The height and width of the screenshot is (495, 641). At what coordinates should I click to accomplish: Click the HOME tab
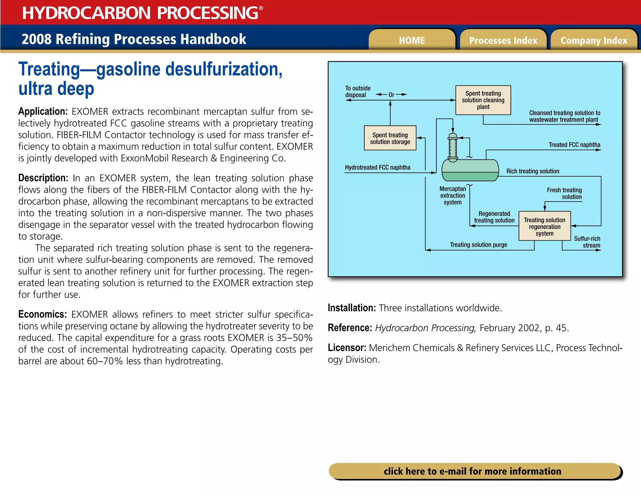point(412,40)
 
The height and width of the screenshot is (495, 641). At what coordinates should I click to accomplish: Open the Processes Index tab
point(503,40)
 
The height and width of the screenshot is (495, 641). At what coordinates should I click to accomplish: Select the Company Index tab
point(594,40)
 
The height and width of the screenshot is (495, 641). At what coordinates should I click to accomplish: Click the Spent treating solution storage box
point(390,138)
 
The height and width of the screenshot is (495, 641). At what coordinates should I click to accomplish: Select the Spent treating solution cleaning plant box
point(483,100)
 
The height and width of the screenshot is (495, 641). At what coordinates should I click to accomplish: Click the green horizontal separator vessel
point(470,171)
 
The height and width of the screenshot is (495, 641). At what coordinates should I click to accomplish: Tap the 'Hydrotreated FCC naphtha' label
point(377,167)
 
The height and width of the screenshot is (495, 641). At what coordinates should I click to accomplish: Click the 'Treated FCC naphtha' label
point(574,145)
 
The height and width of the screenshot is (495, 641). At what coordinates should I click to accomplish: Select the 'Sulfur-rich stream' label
point(587,242)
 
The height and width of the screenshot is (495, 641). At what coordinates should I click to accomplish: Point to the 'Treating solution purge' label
point(478,245)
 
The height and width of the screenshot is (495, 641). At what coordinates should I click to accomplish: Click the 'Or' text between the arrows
point(391,94)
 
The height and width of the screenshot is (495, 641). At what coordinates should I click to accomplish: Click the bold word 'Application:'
point(43,111)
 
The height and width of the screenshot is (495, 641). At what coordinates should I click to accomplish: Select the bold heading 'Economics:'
point(43,314)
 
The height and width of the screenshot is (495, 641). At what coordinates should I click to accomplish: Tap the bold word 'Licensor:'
point(347,348)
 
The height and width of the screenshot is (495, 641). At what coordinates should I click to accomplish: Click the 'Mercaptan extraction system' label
point(453,196)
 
